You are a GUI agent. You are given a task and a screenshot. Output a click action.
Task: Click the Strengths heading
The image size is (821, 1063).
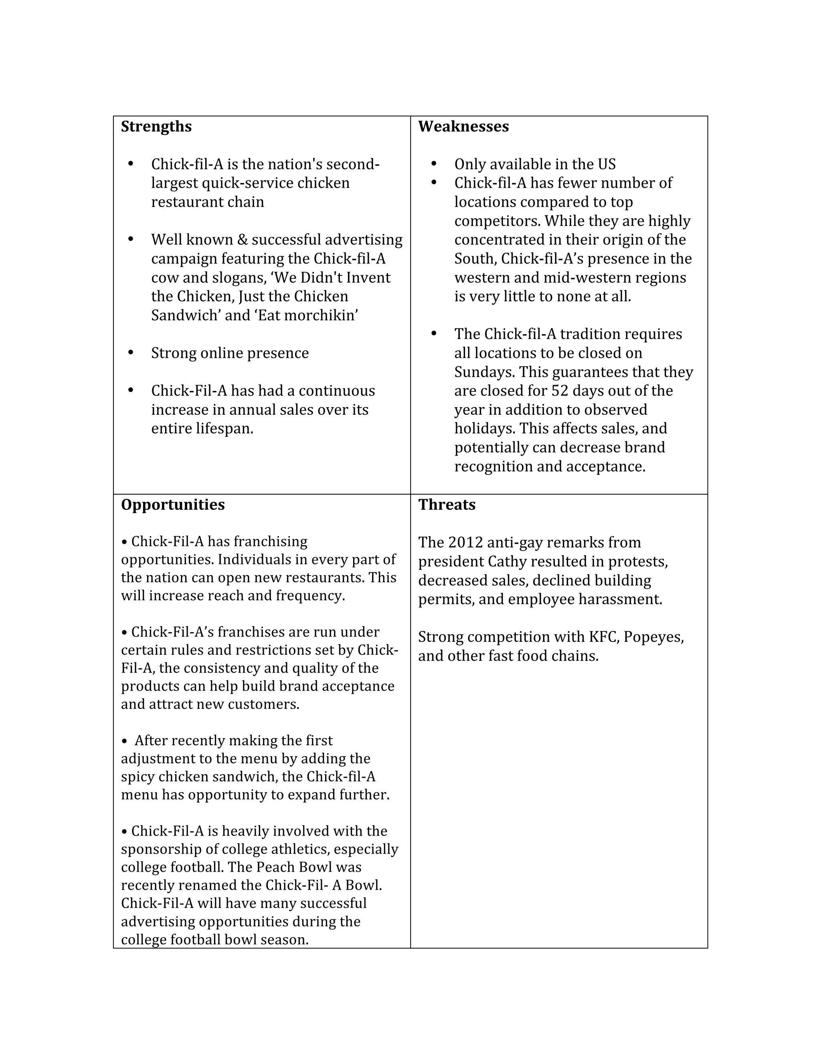[156, 126]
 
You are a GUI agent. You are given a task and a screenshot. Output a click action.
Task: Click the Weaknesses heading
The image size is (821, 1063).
[463, 126]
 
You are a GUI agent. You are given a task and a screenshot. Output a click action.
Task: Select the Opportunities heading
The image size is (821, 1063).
[173, 505]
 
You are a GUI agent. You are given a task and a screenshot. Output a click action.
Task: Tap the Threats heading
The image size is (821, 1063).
[447, 505]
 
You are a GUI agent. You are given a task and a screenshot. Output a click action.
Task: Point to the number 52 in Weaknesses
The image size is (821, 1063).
[560, 391]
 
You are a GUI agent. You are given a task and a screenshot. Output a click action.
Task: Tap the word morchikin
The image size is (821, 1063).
[321, 315]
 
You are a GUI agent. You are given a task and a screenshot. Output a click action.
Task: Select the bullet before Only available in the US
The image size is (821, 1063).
[434, 164]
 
